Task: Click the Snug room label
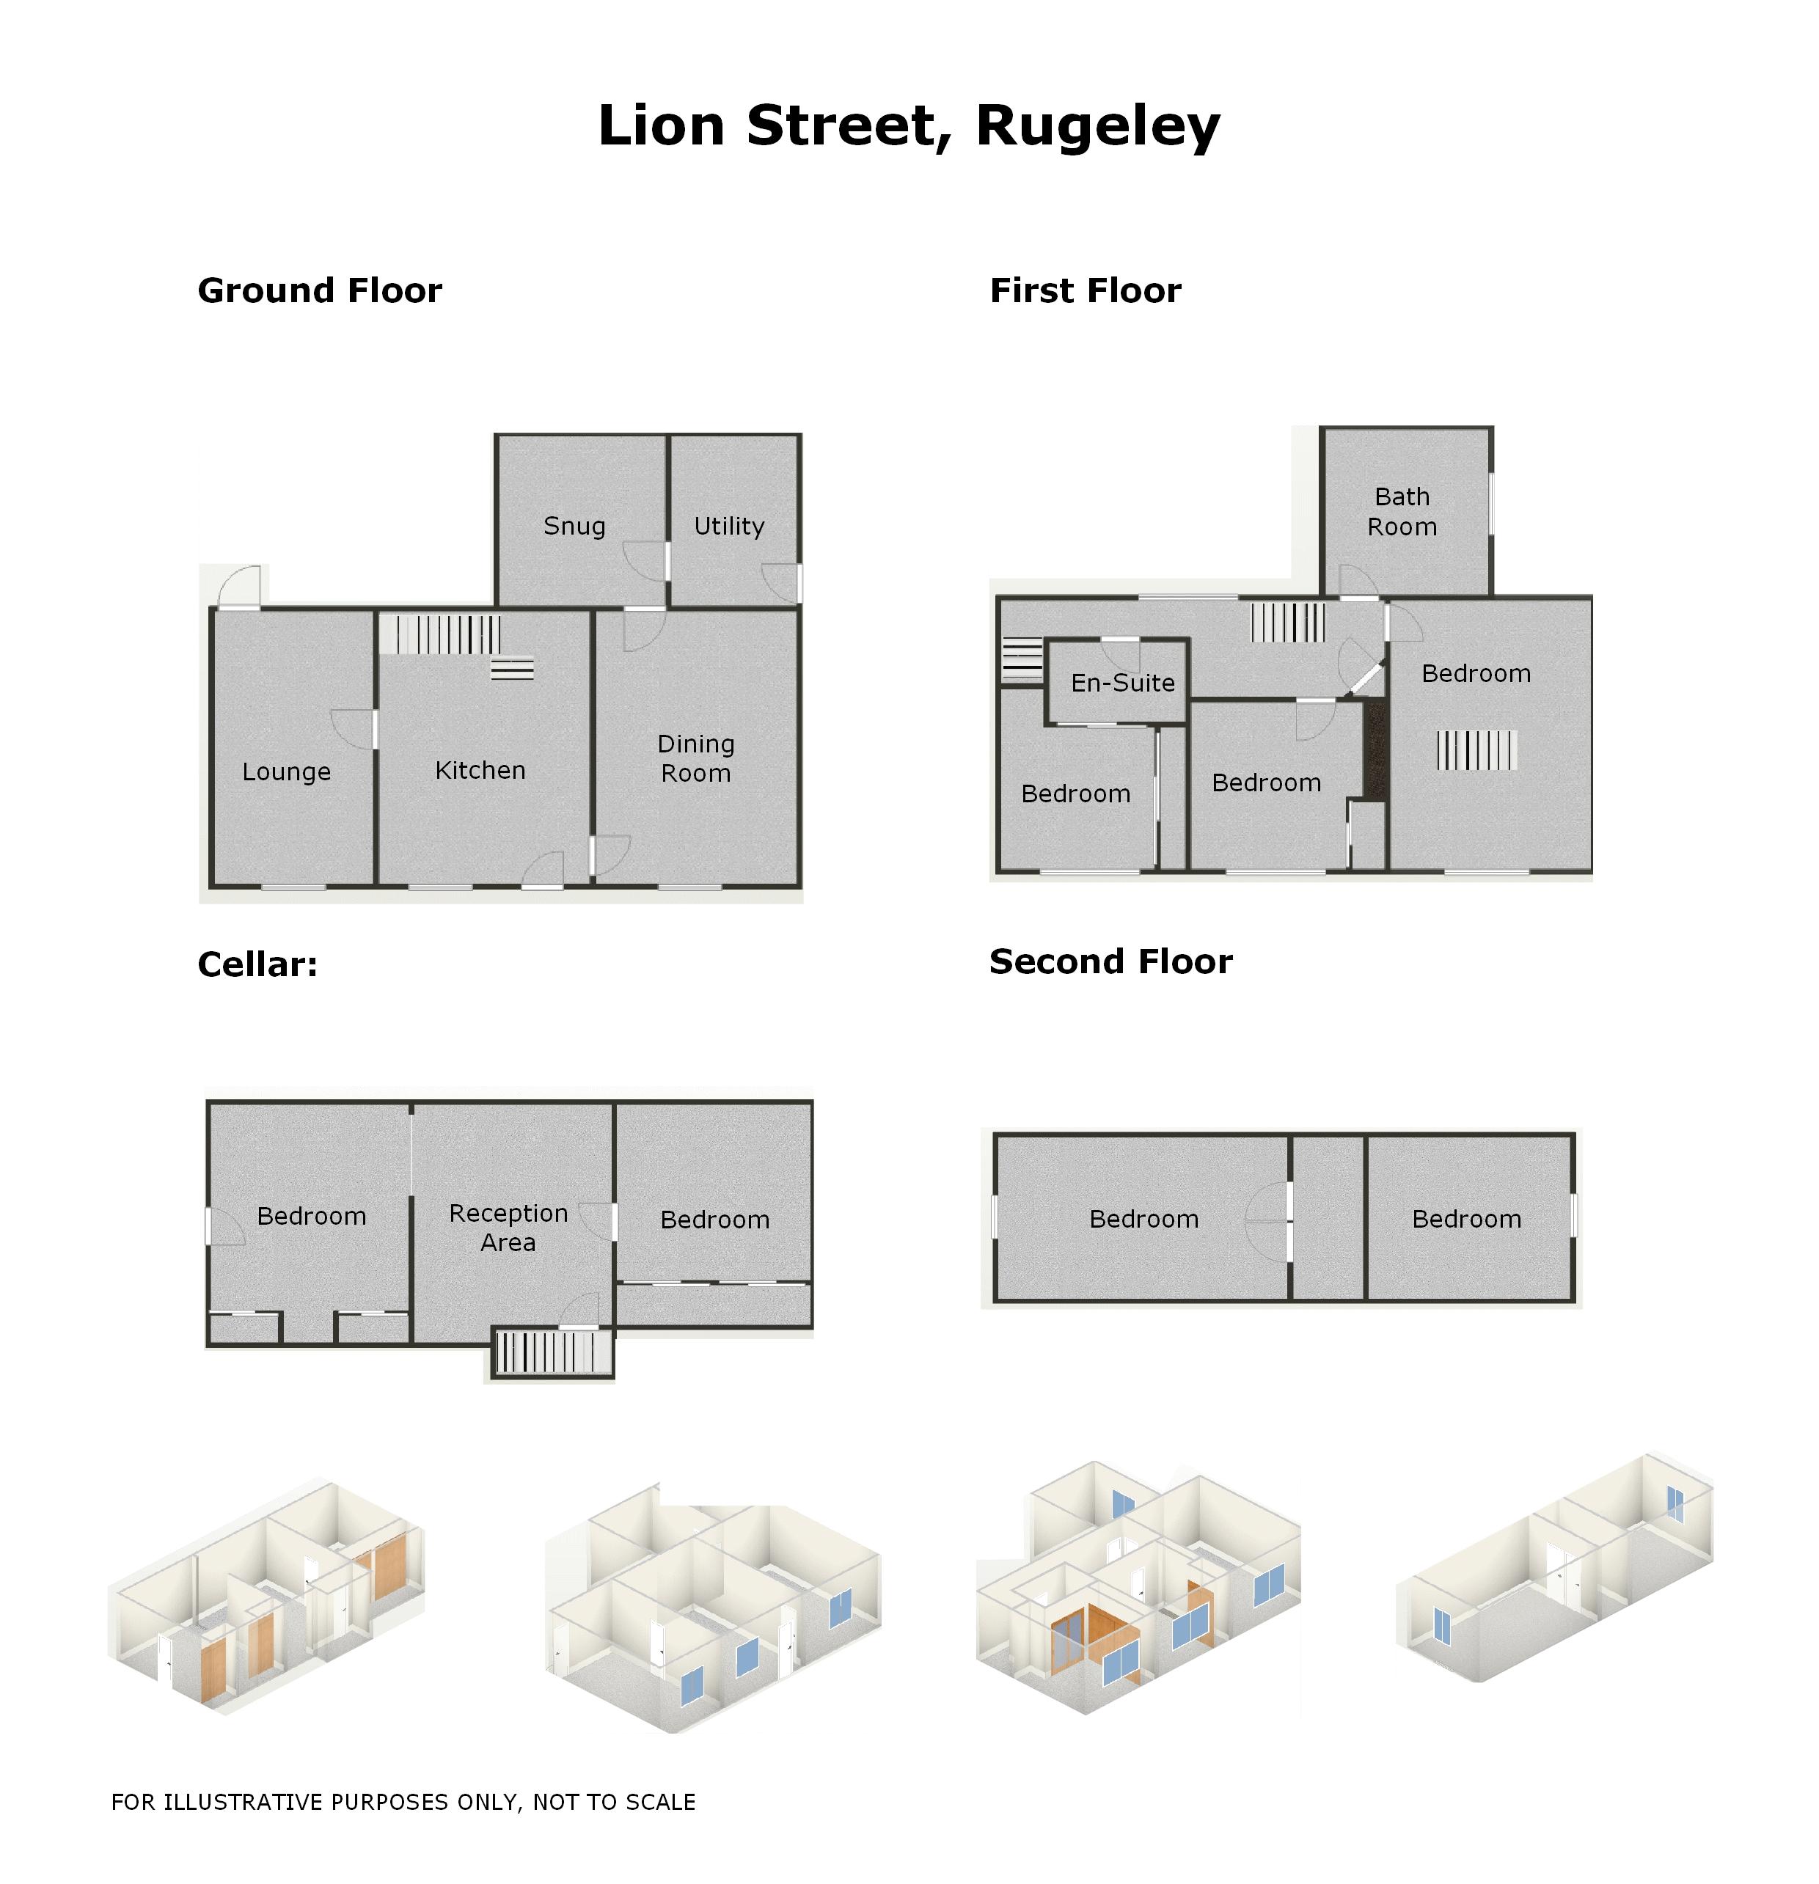(x=574, y=526)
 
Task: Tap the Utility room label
(x=729, y=526)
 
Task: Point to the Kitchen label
(x=480, y=770)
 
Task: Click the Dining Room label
(x=695, y=758)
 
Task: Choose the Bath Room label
(x=1402, y=511)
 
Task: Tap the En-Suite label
(x=1122, y=683)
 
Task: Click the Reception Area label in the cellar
(x=508, y=1228)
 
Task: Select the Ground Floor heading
(x=319, y=290)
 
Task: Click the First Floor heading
(x=1085, y=290)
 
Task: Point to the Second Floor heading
(x=1110, y=961)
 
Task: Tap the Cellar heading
(x=257, y=964)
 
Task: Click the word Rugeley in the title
(x=1097, y=126)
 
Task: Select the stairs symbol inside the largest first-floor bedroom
(x=1476, y=749)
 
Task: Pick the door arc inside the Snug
(x=644, y=561)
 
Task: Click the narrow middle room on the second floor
(x=1327, y=1219)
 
